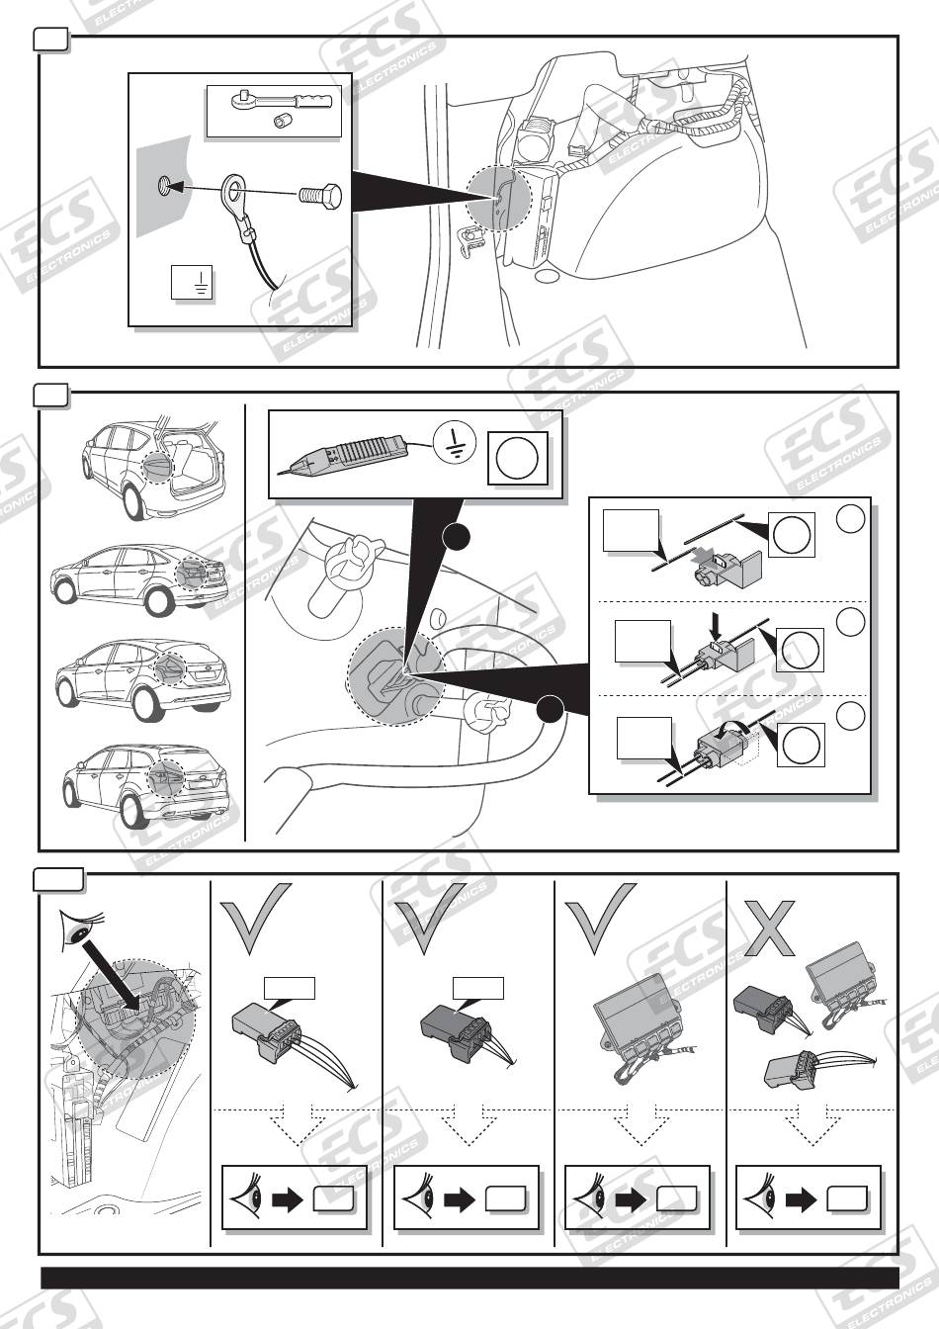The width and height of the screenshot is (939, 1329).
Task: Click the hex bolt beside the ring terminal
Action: point(319,195)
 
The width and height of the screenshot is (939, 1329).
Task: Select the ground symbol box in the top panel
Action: point(192,283)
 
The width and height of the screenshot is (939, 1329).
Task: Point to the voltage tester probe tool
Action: point(343,456)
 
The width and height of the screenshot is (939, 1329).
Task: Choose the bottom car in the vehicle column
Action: point(146,786)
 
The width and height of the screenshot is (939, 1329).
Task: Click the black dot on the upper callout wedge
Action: point(456,538)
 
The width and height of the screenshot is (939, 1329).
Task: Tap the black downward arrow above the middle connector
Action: point(717,627)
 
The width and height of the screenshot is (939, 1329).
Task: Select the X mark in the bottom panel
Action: point(769,928)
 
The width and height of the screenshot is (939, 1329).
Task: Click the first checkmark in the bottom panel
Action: point(256,919)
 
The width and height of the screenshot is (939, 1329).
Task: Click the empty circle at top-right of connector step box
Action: point(850,519)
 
